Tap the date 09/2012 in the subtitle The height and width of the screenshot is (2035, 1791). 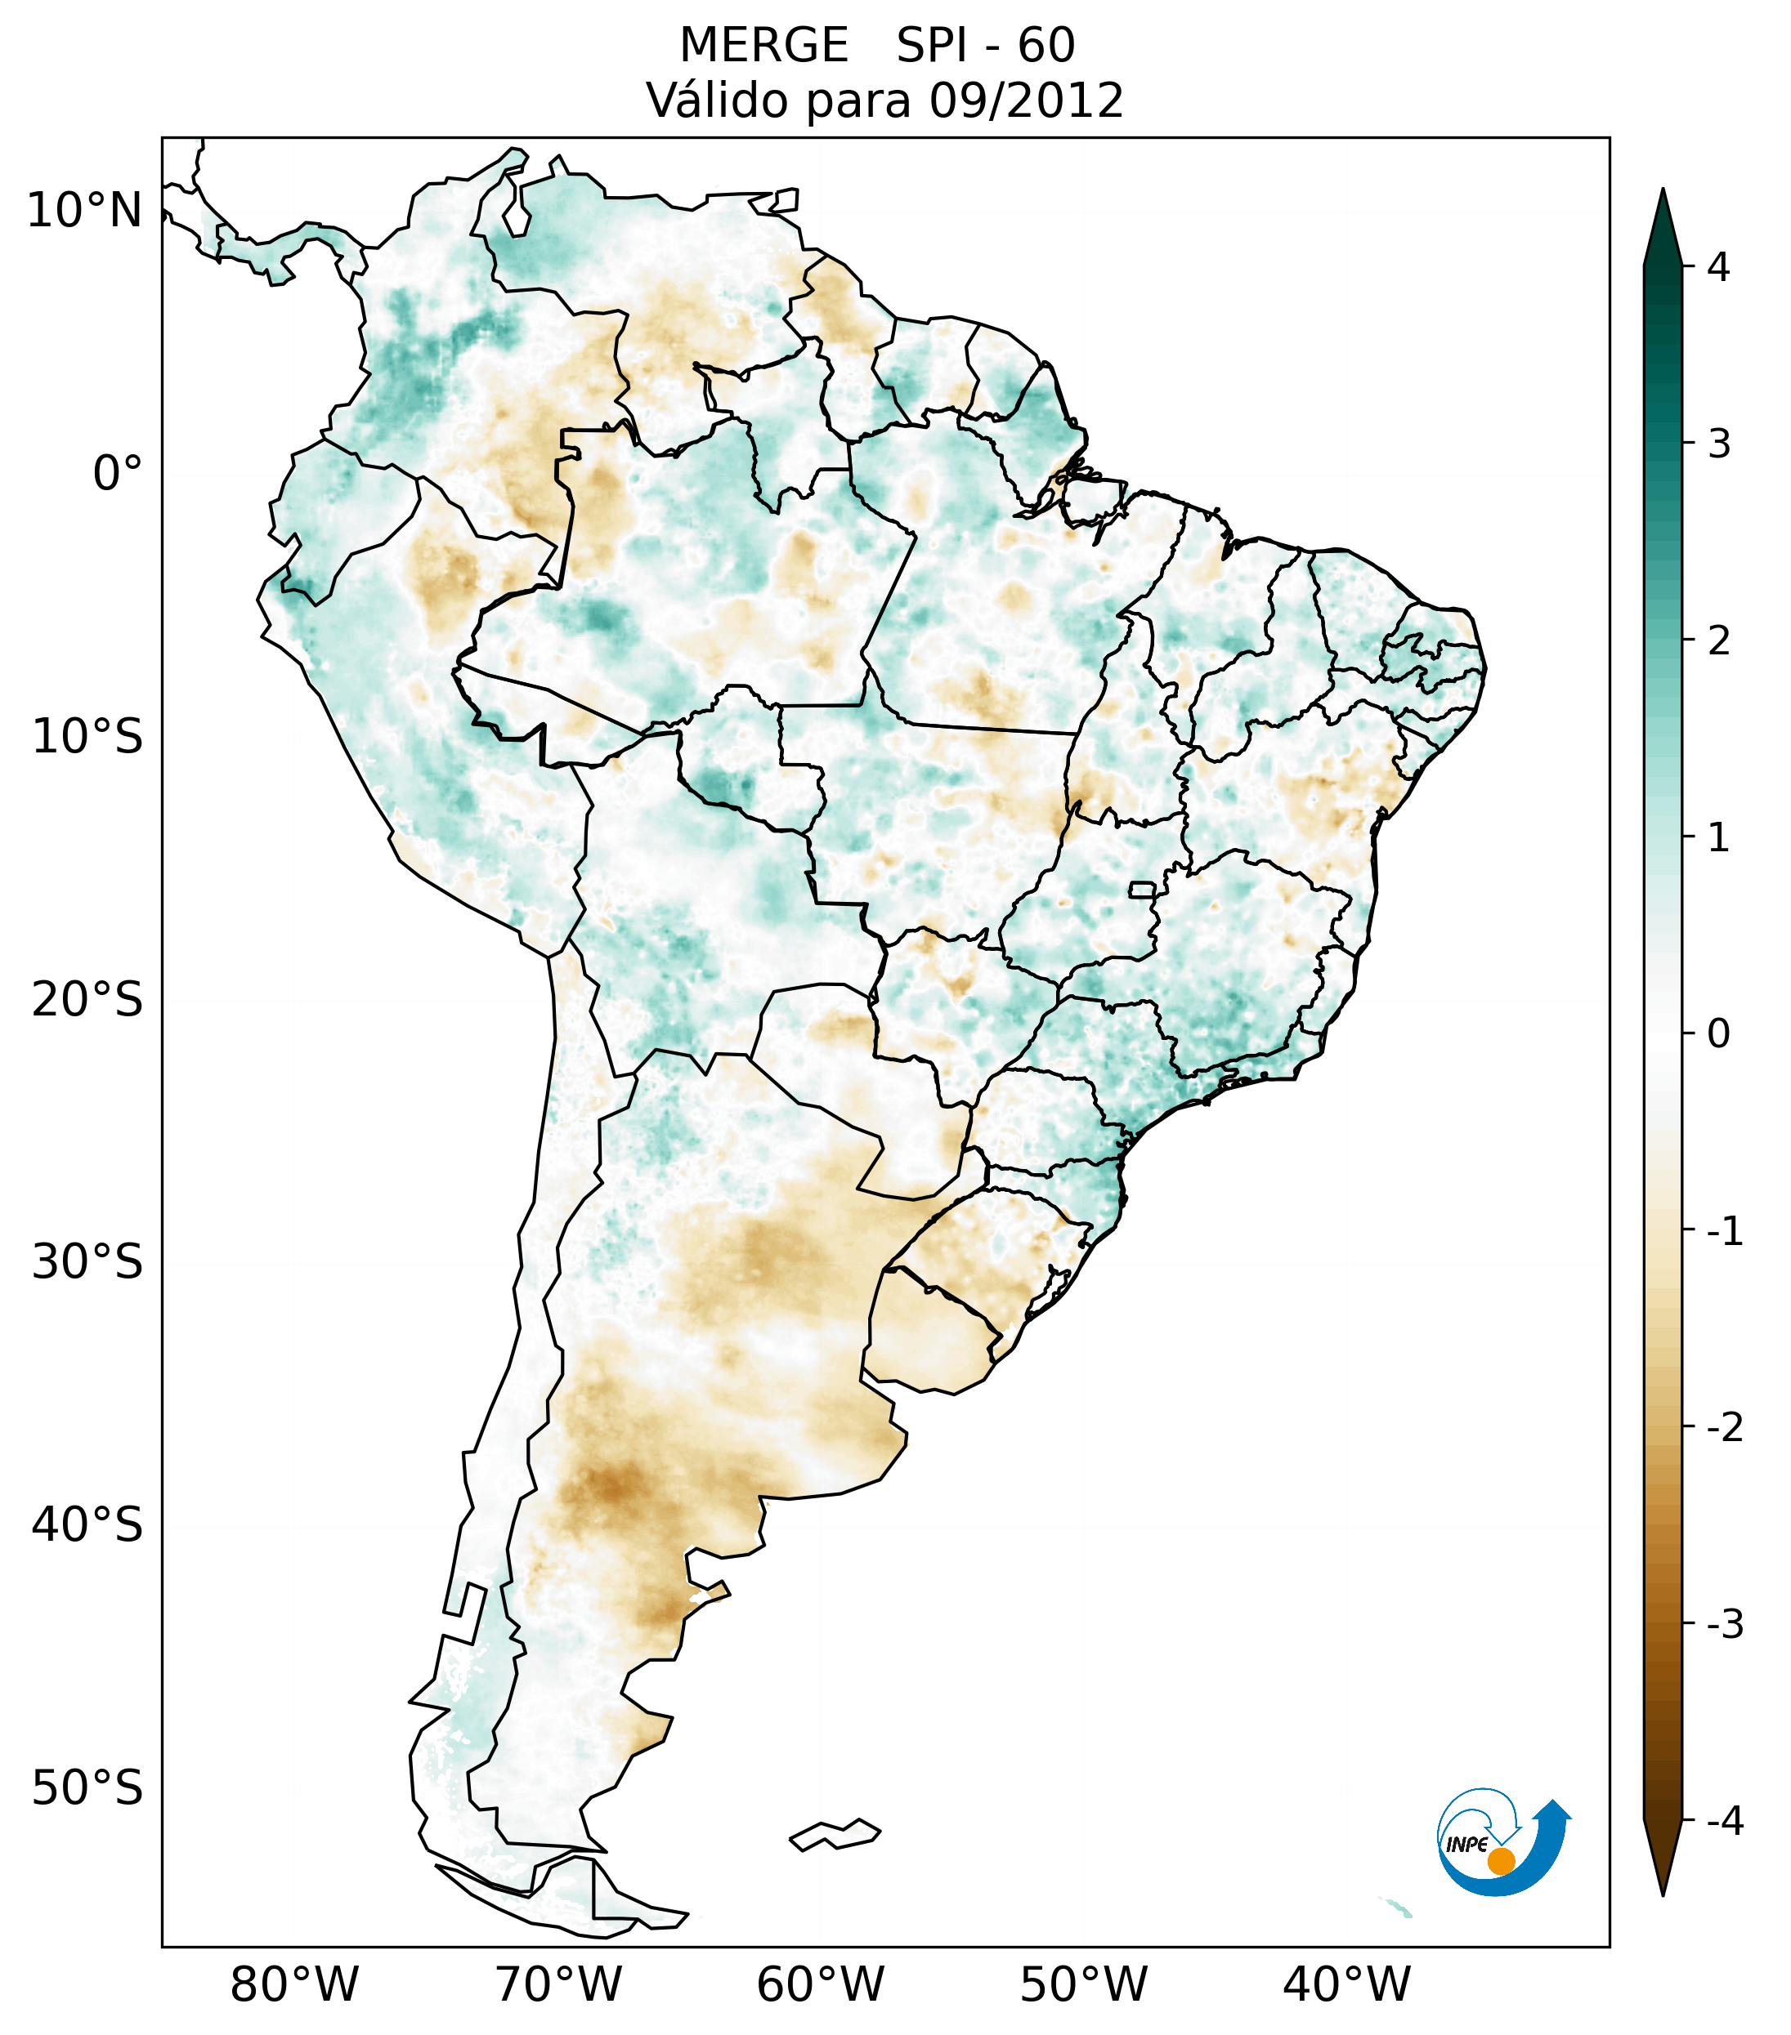tap(1026, 100)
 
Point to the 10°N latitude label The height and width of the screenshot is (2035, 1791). tap(85, 211)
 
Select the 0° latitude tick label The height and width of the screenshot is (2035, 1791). tap(118, 473)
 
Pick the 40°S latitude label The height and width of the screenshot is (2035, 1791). tap(87, 1524)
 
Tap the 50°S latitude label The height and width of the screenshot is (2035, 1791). tap(87, 1788)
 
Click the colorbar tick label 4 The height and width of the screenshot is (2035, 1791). tap(1718, 267)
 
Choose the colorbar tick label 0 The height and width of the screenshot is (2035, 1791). tap(1718, 1033)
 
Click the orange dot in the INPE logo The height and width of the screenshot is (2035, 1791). tap(1501, 1861)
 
